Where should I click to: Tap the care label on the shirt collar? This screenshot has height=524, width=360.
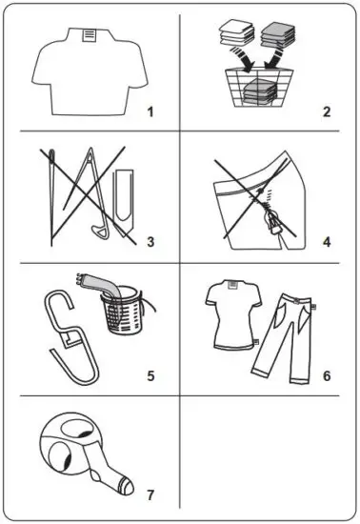pos(89,34)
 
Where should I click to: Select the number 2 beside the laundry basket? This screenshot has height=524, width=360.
pos(326,111)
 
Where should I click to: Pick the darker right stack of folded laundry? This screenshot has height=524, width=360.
pos(283,36)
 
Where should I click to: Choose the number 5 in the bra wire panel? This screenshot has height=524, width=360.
pos(150,373)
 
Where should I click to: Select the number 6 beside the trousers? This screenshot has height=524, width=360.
pos(327,373)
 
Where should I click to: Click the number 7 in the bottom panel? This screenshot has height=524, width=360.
pos(150,494)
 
